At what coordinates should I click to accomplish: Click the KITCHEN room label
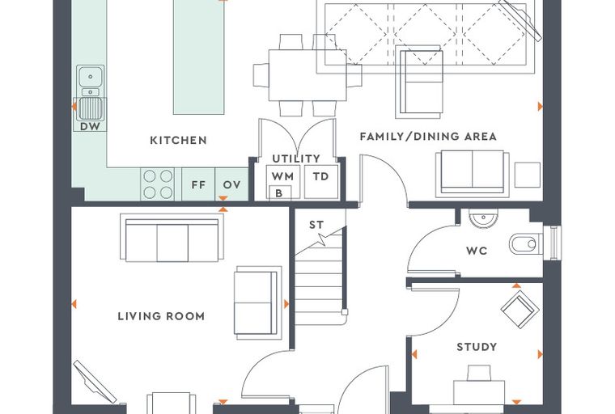coord(179,141)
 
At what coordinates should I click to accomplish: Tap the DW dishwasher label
coord(90,126)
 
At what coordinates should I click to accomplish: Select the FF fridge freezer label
coord(198,184)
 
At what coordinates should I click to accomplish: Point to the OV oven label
coord(231,184)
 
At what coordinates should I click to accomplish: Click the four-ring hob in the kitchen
coord(158,184)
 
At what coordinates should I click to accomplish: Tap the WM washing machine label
coord(282,176)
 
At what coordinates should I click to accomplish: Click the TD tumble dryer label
coord(320,176)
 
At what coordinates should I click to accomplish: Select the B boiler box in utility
coord(280,193)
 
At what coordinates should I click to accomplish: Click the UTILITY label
coord(296,158)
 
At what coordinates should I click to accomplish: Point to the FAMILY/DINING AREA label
coord(428,137)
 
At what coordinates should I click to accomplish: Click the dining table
coord(307,75)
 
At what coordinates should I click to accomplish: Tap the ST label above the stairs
coord(316,225)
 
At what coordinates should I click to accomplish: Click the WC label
coord(477,251)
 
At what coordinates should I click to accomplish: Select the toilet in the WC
coord(525,244)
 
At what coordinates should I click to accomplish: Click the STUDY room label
coord(477,347)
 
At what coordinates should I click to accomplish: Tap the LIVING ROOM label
coord(161,316)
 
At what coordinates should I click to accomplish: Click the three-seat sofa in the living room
coord(172,239)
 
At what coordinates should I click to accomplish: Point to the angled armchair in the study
coord(520,310)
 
